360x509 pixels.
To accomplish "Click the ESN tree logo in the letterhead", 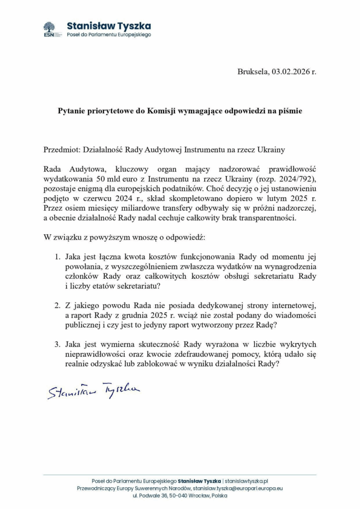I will point(49,29).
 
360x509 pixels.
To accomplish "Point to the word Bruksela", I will point(253,72).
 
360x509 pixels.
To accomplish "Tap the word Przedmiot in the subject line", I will point(60,149).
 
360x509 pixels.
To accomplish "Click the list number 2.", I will point(57,304).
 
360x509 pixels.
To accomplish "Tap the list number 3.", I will point(57,344).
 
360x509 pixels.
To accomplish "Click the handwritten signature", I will point(93,390).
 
